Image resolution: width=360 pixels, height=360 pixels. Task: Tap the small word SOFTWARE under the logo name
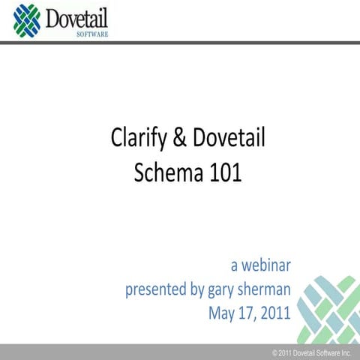(91, 33)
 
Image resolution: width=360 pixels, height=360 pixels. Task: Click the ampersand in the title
(178, 139)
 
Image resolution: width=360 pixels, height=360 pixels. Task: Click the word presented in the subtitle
(158, 289)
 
